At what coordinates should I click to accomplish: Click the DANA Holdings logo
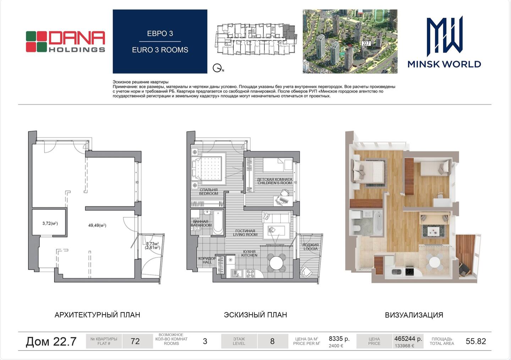pos(65,42)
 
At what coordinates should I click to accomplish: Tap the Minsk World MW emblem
pos(445,36)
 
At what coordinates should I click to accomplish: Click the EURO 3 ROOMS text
pos(160,50)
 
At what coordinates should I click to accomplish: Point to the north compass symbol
pos(218,68)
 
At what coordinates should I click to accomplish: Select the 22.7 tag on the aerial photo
pos(366,43)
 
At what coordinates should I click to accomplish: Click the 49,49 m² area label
pos(97,225)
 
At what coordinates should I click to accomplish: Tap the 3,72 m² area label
pos(50,223)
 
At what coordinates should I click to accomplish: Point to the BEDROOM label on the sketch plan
pos(209,193)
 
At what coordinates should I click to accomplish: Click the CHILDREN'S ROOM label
pos(275,183)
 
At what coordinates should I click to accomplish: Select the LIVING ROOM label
pos(245,234)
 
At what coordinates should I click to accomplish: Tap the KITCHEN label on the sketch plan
pos(249,255)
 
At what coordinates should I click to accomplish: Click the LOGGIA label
pos(311,249)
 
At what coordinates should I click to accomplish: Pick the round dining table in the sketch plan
pos(276,263)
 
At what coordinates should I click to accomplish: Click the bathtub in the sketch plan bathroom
pos(218,222)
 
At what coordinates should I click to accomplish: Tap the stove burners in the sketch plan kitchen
pos(250,273)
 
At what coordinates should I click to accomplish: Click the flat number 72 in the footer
pos(135,341)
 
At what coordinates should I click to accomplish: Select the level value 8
pos(272,341)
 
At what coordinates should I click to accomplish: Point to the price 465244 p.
pos(408,339)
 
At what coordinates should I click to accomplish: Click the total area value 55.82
pos(476,341)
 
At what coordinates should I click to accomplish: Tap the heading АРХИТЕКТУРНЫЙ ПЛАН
pos(97,315)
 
